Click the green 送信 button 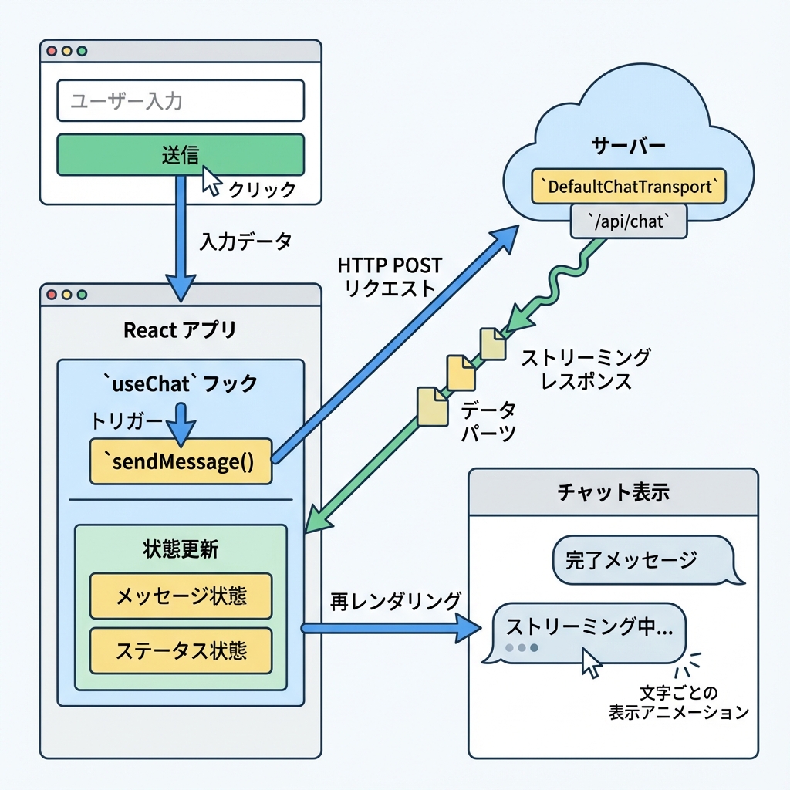tap(181, 155)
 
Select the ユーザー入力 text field tap(181, 100)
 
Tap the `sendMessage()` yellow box tap(181, 462)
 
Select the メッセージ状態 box tap(181, 596)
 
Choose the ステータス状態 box tap(181, 650)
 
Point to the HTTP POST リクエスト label tap(390, 276)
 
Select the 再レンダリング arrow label tap(396, 601)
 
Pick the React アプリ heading tap(181, 330)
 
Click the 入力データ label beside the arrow tap(245, 241)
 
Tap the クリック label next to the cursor tap(262, 190)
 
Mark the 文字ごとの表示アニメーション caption tap(679, 701)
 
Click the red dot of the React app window tap(52, 295)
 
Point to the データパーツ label tap(488, 421)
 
